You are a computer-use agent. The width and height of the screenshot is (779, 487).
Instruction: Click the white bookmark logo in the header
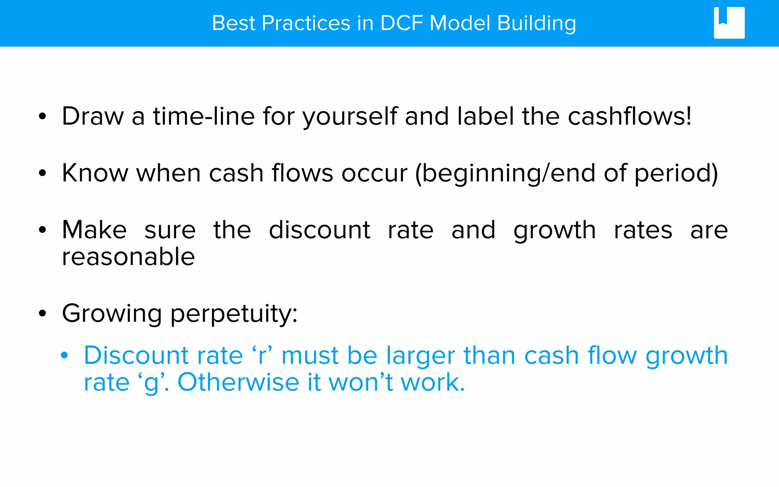coord(729,23)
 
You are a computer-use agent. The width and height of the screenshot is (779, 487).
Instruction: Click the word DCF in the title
coord(401,23)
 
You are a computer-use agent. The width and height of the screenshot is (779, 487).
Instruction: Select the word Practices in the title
coord(306,23)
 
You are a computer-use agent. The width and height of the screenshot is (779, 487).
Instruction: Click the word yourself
coord(350,117)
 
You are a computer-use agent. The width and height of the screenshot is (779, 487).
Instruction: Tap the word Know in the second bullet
coord(95,173)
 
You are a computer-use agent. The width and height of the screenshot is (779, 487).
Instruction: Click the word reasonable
coord(129,257)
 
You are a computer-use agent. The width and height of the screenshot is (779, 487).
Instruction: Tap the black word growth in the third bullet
coord(555,231)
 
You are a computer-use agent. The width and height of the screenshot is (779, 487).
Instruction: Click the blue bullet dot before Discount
coord(64,355)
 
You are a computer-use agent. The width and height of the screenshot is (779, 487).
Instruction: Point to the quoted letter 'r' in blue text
coord(262,356)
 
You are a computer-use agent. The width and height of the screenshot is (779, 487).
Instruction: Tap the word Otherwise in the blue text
coord(238,382)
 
